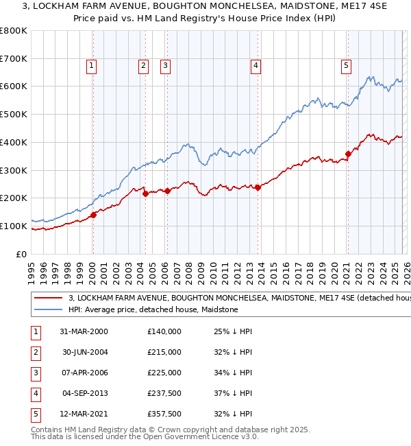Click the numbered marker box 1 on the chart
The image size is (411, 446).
tap(92, 66)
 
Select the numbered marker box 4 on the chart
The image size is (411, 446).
tap(255, 66)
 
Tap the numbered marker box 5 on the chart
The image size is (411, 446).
tap(346, 66)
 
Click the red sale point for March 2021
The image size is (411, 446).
tap(348, 154)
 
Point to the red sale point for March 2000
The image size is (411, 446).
tap(93, 215)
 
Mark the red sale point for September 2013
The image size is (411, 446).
tap(258, 187)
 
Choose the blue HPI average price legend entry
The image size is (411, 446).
tap(153, 310)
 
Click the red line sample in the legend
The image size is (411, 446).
tap(48, 298)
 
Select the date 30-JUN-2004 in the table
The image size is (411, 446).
tap(84, 352)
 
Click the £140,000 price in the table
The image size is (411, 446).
tap(164, 331)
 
